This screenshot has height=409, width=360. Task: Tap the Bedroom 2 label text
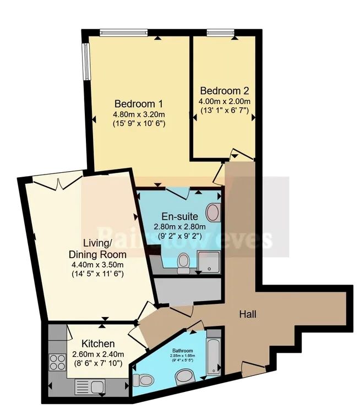[x=225, y=91]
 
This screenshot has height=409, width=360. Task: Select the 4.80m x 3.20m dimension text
[x=139, y=114]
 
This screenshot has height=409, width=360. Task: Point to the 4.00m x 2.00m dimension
[x=225, y=101]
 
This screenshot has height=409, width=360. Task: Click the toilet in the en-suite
[x=184, y=263]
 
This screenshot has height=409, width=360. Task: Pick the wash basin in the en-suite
[x=213, y=211]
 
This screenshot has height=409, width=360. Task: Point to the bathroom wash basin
[x=183, y=377]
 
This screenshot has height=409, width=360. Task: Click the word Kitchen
[x=97, y=343]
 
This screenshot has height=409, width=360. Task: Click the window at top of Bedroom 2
[x=216, y=33]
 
